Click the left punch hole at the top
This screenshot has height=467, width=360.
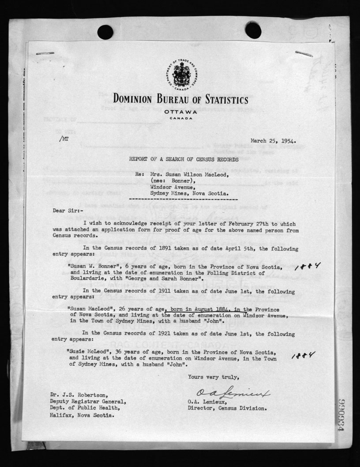pos(105,32)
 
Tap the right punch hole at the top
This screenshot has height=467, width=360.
pos(253,30)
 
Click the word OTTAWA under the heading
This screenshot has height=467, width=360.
pos(180,112)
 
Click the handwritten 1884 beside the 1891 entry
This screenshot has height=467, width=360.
pos(307,267)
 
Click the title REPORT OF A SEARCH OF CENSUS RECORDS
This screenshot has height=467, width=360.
pos(184,158)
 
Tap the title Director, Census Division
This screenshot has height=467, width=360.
pos(227,408)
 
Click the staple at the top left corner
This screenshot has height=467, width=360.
pos(45,53)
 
